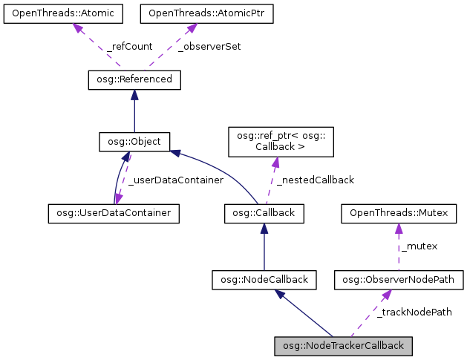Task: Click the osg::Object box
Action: [x=134, y=140]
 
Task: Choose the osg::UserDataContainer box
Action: [x=115, y=213]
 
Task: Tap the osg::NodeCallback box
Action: [x=264, y=280]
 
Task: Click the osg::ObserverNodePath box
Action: [x=399, y=280]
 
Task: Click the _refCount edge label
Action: [x=129, y=46]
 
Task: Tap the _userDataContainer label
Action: [x=175, y=180]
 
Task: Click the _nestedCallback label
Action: [x=315, y=180]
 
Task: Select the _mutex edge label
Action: [x=419, y=246]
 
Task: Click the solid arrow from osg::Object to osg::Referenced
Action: [x=134, y=110]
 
